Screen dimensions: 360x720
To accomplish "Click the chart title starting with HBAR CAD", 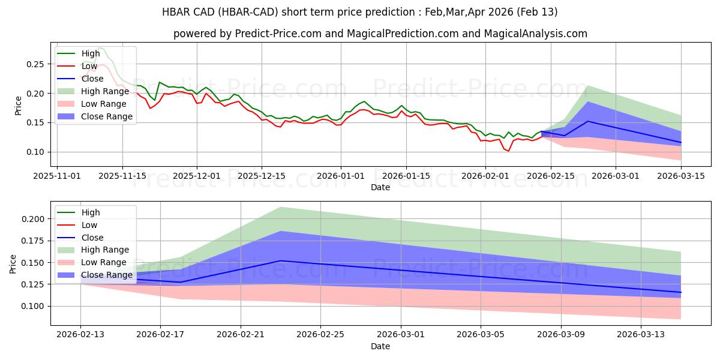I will (x=359, y=12).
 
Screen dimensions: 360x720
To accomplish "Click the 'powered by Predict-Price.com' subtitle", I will (x=380, y=34).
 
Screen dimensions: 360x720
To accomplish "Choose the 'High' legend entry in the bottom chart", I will (x=91, y=212).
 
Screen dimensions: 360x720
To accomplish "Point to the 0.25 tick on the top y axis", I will (x=37, y=64).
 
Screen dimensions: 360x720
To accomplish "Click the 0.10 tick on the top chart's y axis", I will (x=37, y=152).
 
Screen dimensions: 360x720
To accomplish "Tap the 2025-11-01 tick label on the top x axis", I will (x=57, y=176).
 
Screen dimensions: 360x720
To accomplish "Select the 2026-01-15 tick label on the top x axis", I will (x=406, y=176).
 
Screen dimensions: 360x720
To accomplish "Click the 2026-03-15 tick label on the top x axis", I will (x=681, y=176).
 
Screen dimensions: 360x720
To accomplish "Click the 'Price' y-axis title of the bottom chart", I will (x=13, y=263).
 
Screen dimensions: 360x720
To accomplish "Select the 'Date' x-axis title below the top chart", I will (x=380, y=187).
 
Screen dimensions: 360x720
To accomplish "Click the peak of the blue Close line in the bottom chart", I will (x=281, y=260).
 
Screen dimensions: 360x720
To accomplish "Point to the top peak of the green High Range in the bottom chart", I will (x=281, y=207).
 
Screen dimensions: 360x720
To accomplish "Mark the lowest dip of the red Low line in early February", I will (x=509, y=151).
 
